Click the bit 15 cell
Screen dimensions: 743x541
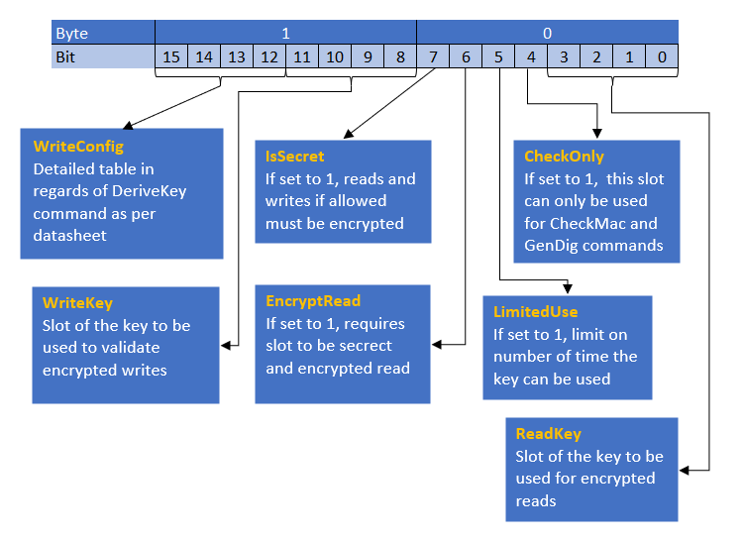171,56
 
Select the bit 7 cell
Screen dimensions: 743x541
433,56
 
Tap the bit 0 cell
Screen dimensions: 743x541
662,56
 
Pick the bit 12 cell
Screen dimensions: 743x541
269,56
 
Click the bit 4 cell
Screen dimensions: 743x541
531,56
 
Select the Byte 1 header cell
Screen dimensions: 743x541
285,33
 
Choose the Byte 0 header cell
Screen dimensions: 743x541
547,33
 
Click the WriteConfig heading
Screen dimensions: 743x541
78,147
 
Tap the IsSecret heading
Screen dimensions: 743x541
295,157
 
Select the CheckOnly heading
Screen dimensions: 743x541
564,157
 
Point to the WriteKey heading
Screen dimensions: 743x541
77,303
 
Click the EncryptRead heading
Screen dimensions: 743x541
313,301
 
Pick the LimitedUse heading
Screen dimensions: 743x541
535,312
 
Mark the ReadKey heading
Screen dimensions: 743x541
548,434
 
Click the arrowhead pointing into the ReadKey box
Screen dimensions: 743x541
684,471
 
